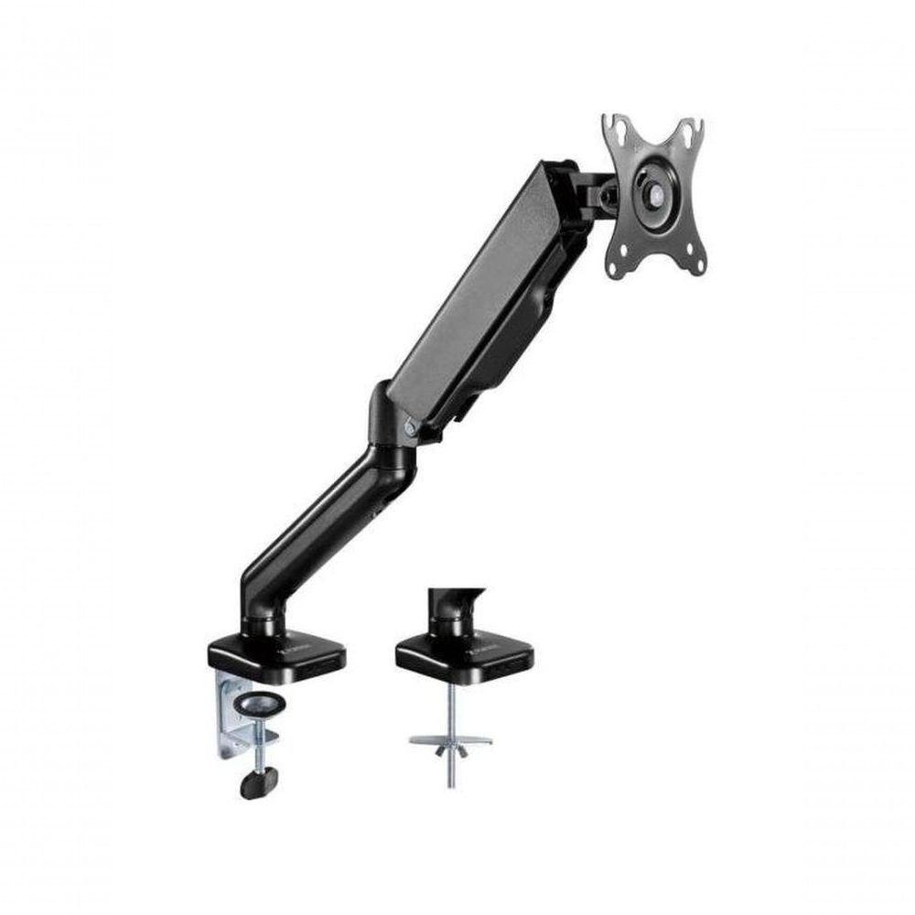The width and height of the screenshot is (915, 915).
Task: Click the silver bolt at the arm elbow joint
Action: (x=409, y=425)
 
